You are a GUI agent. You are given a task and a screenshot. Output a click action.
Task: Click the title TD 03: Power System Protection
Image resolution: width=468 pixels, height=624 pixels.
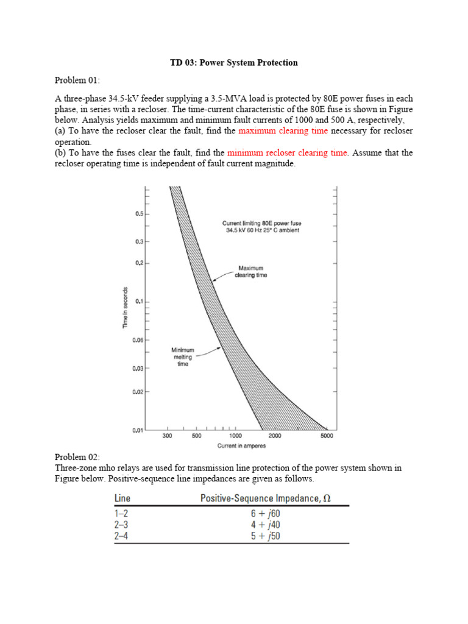(x=233, y=63)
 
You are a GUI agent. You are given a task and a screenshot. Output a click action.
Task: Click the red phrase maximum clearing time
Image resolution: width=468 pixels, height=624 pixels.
(x=283, y=131)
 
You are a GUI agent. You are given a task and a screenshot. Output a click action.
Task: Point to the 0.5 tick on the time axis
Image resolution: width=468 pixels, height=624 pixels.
(x=139, y=214)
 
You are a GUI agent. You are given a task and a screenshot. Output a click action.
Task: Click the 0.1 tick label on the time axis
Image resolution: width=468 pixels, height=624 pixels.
(x=139, y=302)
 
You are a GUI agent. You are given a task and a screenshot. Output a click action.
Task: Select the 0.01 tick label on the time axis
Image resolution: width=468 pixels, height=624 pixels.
(x=138, y=430)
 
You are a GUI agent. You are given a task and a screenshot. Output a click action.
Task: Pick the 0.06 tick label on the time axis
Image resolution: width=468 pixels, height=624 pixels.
(x=138, y=340)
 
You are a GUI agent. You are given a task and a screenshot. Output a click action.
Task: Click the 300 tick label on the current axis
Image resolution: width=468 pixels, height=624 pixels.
(x=168, y=436)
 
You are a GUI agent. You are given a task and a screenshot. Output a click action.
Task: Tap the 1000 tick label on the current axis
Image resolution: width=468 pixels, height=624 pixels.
(x=235, y=436)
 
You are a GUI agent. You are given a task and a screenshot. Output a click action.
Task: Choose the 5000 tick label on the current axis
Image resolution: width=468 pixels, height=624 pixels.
(x=326, y=436)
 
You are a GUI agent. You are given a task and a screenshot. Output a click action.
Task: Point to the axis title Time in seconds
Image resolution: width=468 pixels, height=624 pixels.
(x=125, y=307)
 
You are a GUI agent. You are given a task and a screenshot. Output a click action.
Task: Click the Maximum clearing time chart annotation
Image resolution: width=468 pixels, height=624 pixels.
(x=251, y=271)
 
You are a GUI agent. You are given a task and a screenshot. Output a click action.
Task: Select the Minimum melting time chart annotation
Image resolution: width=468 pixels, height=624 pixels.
(x=183, y=356)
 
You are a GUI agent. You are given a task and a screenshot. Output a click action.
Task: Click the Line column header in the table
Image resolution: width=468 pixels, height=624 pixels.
(x=122, y=498)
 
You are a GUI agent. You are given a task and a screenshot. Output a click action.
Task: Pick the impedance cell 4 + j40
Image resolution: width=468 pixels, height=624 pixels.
(x=265, y=525)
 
